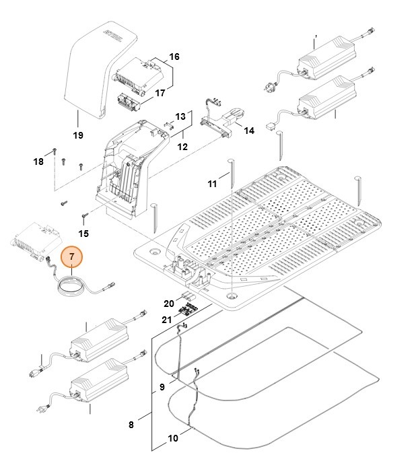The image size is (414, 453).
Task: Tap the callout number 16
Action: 174,57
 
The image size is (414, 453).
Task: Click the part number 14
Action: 248,130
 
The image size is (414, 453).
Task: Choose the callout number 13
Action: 180,116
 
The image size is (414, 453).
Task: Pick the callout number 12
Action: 182,146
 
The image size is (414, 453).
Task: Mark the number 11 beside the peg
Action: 212,183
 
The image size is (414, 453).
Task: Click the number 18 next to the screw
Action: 38,162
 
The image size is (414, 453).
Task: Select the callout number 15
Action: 83,234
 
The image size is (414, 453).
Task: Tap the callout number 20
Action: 168,303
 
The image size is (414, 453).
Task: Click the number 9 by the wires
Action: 162,387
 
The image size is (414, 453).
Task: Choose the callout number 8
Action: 131,424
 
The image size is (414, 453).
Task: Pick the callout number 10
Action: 173,438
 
